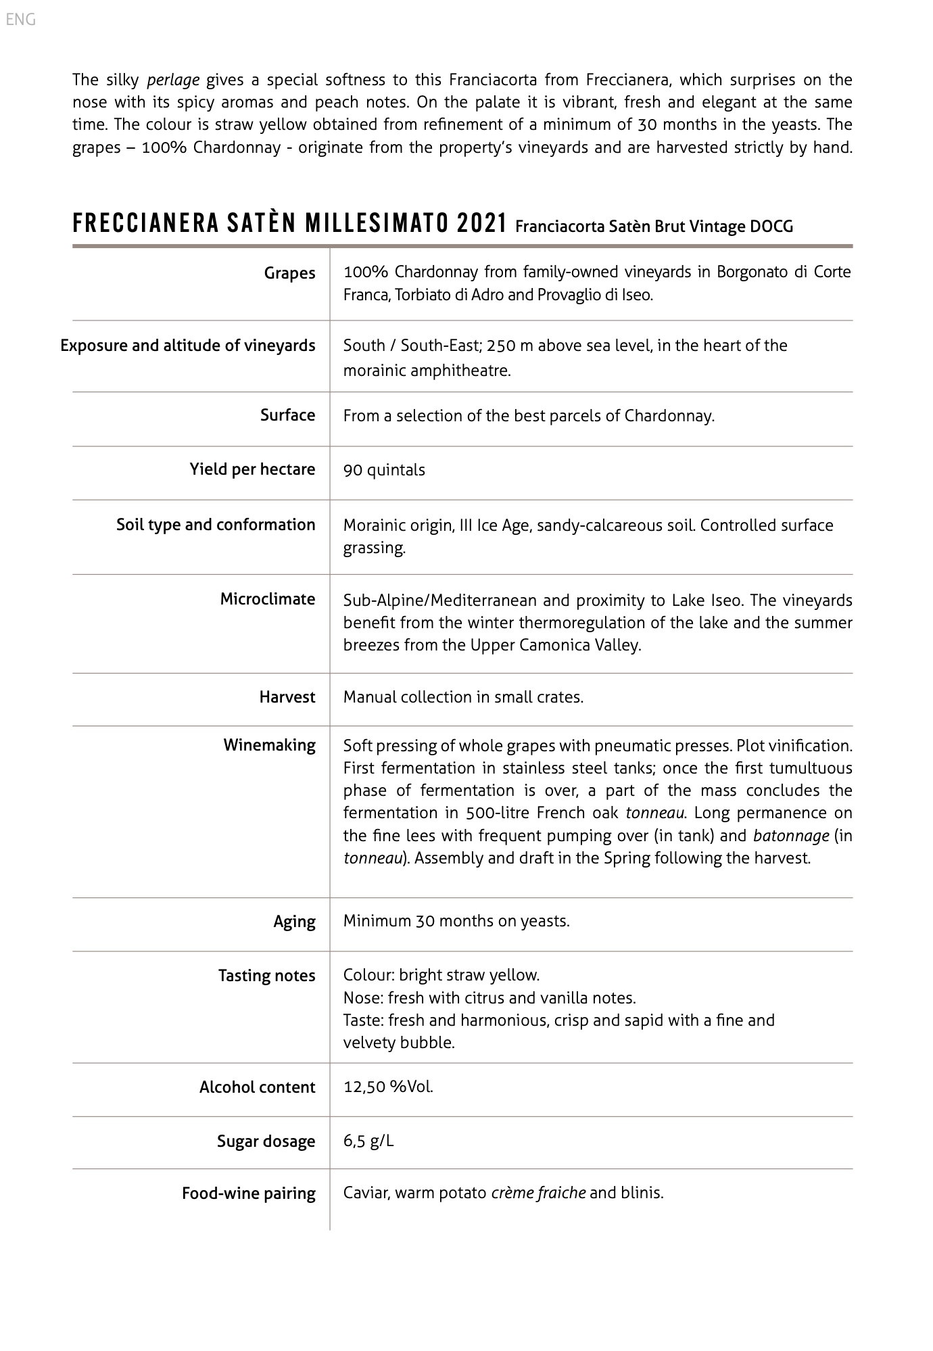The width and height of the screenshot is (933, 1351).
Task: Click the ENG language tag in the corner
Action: pos(20,20)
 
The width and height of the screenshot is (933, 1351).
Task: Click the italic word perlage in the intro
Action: pos(173,80)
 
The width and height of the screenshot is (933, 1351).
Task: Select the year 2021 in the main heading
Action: pos(482,223)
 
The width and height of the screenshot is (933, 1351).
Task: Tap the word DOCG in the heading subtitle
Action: pos(771,227)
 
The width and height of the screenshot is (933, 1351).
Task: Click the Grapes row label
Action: pos(289,273)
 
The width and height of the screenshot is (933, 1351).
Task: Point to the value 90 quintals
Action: pos(384,470)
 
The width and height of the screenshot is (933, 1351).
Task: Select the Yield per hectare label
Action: pos(252,469)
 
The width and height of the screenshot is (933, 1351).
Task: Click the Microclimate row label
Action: pos(268,599)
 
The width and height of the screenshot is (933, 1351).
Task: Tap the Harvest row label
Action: pos(287,697)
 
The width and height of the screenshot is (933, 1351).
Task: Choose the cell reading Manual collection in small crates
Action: pos(463,697)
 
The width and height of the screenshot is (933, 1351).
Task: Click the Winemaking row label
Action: pos(270,745)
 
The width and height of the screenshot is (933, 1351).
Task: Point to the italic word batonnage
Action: pos(791,836)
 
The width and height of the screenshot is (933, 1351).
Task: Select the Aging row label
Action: pos(294,922)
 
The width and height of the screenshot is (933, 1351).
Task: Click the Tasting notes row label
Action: pos(266,976)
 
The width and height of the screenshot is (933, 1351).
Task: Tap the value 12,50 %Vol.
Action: pos(388,1087)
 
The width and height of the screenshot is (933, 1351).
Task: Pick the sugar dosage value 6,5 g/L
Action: pos(368,1141)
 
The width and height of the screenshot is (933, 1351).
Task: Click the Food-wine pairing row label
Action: pos(249,1193)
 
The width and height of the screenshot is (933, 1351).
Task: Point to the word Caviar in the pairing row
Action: pos(366,1193)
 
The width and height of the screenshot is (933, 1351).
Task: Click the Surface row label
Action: pos(288,415)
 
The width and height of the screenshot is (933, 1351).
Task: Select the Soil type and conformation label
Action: pos(216,525)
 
